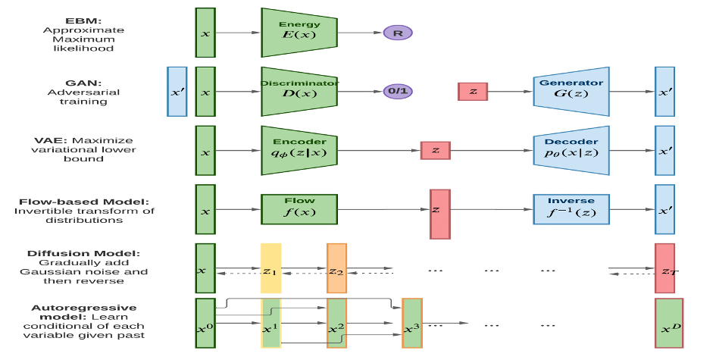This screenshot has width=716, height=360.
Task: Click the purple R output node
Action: [397, 33]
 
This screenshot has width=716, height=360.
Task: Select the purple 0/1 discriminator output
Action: [397, 91]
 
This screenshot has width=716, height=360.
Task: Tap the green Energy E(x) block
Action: [299, 33]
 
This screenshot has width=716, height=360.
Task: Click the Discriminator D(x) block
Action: [299, 91]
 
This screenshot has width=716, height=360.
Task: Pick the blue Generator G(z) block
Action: [571, 91]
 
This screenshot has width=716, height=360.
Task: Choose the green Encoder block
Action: [299, 149]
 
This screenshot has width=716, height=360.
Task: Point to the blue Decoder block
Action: [571, 149]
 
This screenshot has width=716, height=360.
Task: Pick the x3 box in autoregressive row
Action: [411, 324]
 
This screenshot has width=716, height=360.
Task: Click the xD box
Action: [669, 324]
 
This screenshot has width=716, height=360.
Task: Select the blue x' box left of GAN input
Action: [177, 91]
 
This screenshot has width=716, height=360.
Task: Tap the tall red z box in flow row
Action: [439, 214]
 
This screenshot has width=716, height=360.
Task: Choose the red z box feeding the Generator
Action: [473, 91]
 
